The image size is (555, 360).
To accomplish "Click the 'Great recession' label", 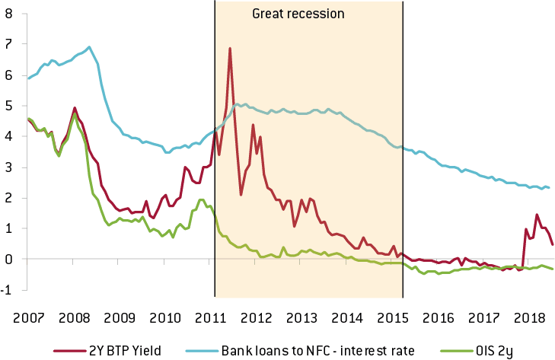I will (298, 14).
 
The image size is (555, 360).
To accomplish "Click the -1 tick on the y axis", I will (7, 290).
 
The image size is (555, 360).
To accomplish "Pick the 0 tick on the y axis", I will (8, 259).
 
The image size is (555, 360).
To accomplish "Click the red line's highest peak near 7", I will (229, 49).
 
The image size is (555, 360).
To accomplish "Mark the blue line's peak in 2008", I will (89, 47).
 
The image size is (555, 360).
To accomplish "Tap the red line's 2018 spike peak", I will (537, 215).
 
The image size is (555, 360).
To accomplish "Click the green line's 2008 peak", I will (74, 113).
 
